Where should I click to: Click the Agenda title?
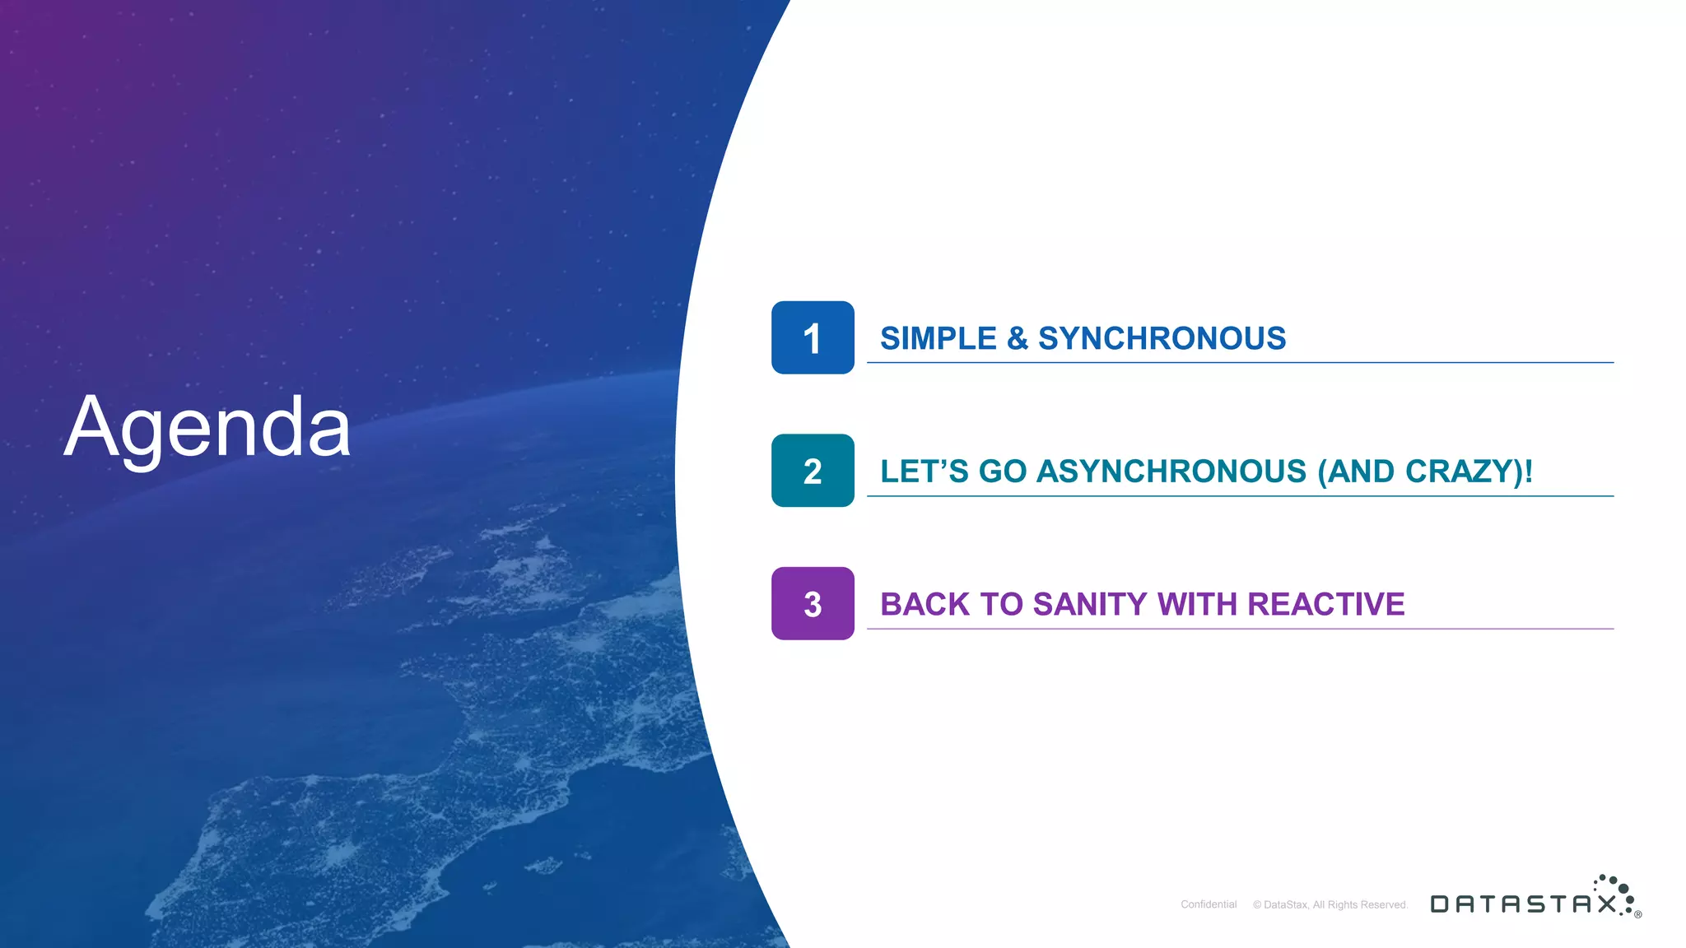pyautogui.click(x=207, y=428)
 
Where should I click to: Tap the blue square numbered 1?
pyautogui.click(x=813, y=337)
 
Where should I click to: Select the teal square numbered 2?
pyautogui.click(x=813, y=471)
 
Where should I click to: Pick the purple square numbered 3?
pyautogui.click(x=813, y=603)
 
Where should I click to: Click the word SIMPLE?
pyautogui.click(x=938, y=338)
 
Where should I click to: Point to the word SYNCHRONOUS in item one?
pyautogui.click(x=1162, y=338)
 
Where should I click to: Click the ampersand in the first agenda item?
pyautogui.click(x=1018, y=338)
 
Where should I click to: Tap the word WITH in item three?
pyautogui.click(x=1197, y=604)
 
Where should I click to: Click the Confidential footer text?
pyautogui.click(x=1209, y=904)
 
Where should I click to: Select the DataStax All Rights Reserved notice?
pyautogui.click(x=1330, y=904)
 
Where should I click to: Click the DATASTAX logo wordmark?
pyautogui.click(x=1523, y=904)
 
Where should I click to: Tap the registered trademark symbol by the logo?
pyautogui.click(x=1638, y=914)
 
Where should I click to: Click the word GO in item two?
pyautogui.click(x=1003, y=472)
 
